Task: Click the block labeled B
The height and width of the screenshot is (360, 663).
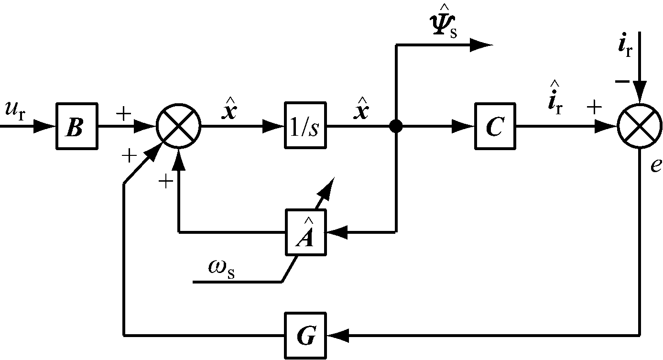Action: click(76, 127)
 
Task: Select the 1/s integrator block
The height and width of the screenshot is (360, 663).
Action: click(305, 127)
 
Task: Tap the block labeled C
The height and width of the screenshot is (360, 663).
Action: click(495, 127)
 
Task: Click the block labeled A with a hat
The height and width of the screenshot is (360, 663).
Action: click(305, 232)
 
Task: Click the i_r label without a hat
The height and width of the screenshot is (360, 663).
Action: click(625, 48)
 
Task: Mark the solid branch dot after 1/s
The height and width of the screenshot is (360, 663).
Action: click(396, 127)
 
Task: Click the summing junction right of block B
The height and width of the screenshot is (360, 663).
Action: click(178, 127)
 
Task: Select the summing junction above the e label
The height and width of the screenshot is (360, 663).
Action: click(640, 127)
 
